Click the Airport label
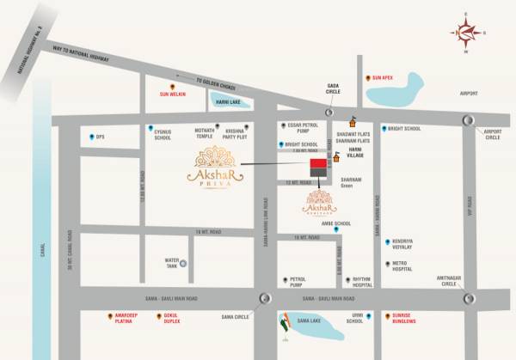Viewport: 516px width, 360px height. (469, 94)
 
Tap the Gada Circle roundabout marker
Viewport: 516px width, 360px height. (328, 113)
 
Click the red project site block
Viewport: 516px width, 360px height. (319, 164)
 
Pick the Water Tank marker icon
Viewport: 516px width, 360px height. (182, 263)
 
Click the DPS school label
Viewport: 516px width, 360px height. (100, 137)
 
